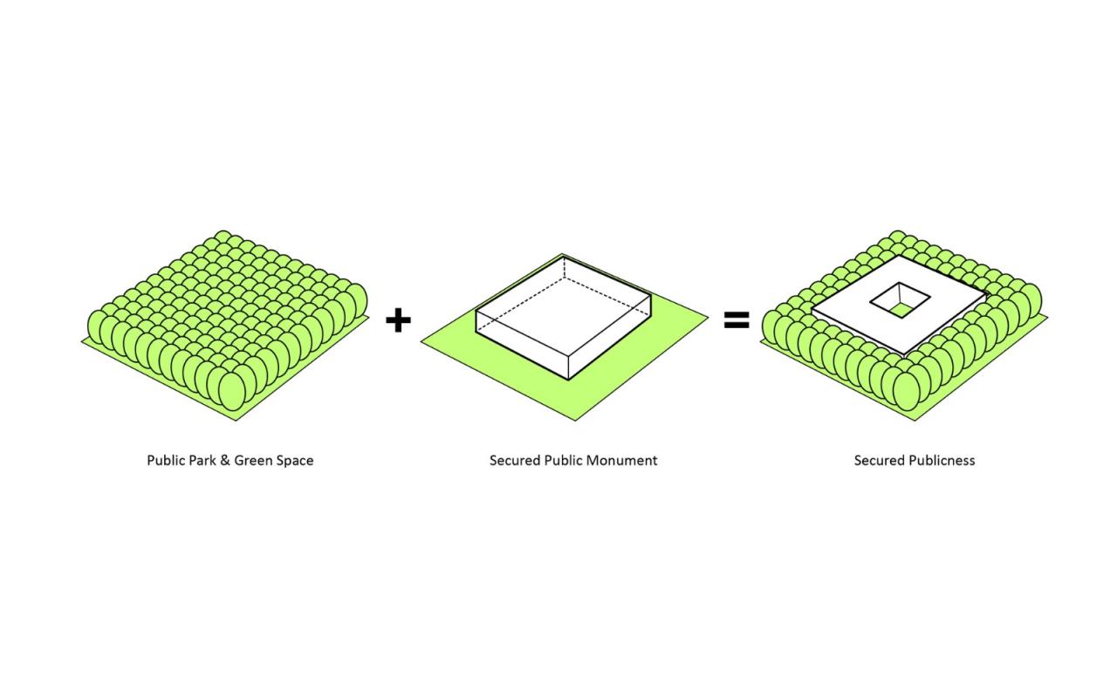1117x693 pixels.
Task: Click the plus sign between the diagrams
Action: (398, 320)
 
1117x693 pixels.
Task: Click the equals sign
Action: (737, 320)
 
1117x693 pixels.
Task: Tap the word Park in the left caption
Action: (202, 460)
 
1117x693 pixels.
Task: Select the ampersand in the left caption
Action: (225, 460)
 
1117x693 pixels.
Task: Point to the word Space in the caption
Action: (294, 461)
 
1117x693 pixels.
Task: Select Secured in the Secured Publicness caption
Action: (879, 460)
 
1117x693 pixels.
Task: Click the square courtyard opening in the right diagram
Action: (900, 300)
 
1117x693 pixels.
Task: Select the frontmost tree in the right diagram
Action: (907, 391)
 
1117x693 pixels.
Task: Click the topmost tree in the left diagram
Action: (223, 237)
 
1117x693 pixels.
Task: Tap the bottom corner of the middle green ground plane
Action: (575, 421)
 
